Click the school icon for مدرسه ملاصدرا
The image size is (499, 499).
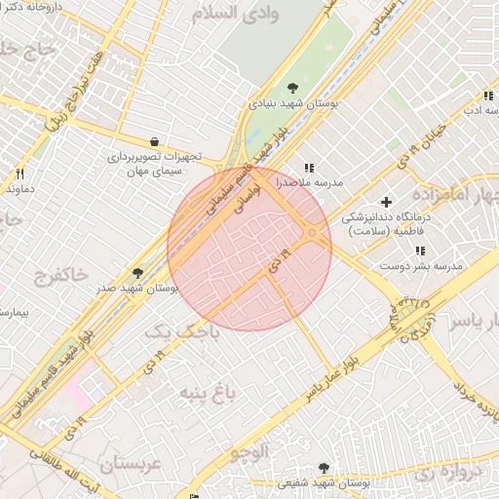click(310, 168)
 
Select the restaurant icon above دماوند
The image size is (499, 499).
click(19, 173)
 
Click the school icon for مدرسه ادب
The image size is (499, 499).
click(486, 96)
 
